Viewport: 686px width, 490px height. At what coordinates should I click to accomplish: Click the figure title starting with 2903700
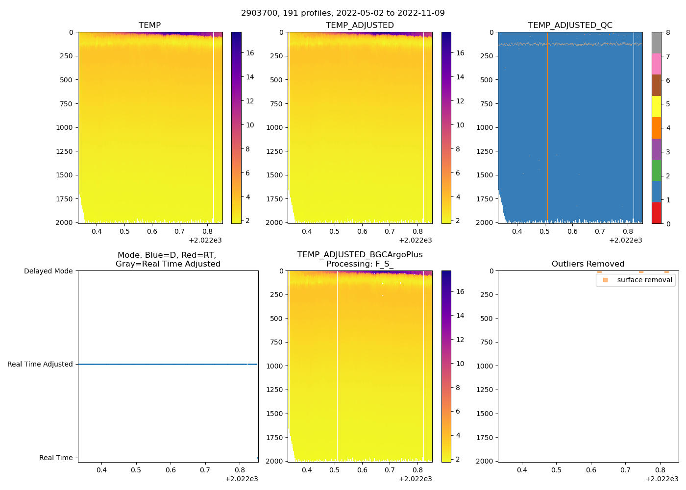pos(343,13)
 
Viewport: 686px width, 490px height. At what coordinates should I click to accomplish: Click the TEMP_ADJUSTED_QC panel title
pos(570,25)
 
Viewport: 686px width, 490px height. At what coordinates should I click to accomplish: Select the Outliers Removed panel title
pos(588,264)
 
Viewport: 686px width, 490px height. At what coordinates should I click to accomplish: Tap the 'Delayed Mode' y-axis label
pos(48,271)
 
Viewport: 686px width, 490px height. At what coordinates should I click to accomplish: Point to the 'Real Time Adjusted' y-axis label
pos(40,364)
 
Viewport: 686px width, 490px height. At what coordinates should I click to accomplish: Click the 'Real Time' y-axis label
pos(56,458)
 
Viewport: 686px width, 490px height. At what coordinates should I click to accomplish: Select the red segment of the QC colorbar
pos(657,213)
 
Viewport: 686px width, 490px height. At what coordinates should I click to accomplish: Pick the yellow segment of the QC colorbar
pos(657,106)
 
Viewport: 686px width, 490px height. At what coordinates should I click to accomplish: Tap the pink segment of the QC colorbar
pos(657,64)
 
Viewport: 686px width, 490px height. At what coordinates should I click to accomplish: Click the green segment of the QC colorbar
pos(657,170)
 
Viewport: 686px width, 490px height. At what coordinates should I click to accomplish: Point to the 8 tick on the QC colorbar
pos(668,32)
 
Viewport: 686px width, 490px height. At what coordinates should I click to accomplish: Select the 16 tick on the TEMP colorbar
pos(250,53)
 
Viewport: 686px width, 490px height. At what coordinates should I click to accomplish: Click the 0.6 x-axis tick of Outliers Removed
pos(591,470)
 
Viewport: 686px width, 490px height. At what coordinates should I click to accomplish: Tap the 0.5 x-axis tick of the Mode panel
pos(136,470)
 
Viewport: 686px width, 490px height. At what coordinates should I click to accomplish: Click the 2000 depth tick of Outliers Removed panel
pos(485,461)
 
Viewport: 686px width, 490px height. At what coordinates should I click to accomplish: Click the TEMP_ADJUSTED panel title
pos(360,25)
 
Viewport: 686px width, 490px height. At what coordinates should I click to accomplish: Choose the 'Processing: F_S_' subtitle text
pos(360,264)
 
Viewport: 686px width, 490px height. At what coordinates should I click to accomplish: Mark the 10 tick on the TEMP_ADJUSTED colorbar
pos(460,125)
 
